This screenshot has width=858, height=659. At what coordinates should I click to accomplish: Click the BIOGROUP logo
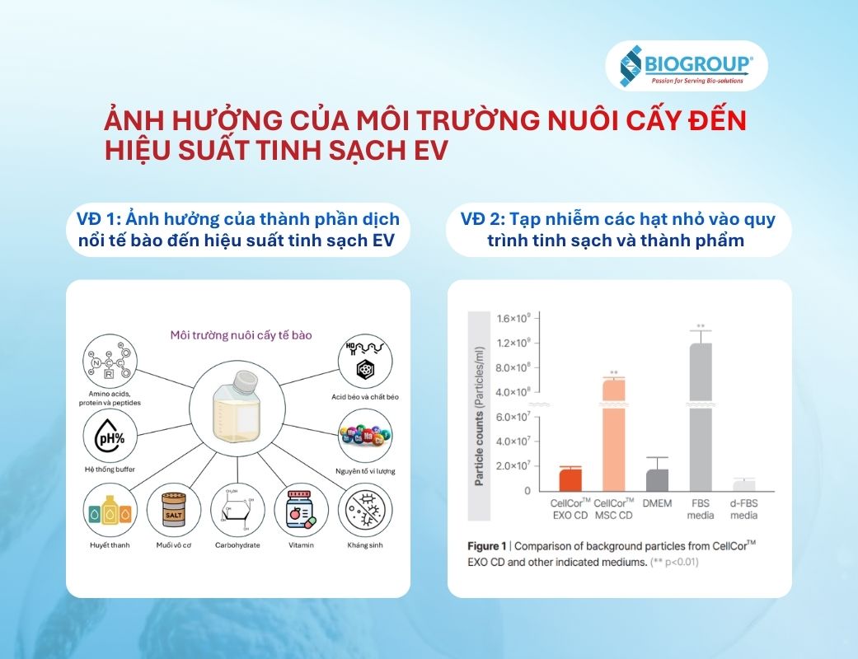pos(686,66)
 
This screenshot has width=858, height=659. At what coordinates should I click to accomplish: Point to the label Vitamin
pos(302,545)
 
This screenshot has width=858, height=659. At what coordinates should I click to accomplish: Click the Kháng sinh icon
pos(365,511)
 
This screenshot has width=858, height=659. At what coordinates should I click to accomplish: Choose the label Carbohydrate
pos(237,545)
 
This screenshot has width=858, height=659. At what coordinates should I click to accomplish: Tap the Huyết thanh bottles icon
pos(110,511)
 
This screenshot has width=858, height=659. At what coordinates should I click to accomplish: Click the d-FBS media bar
pos(744,485)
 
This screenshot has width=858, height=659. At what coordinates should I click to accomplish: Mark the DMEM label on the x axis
pos(656,502)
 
